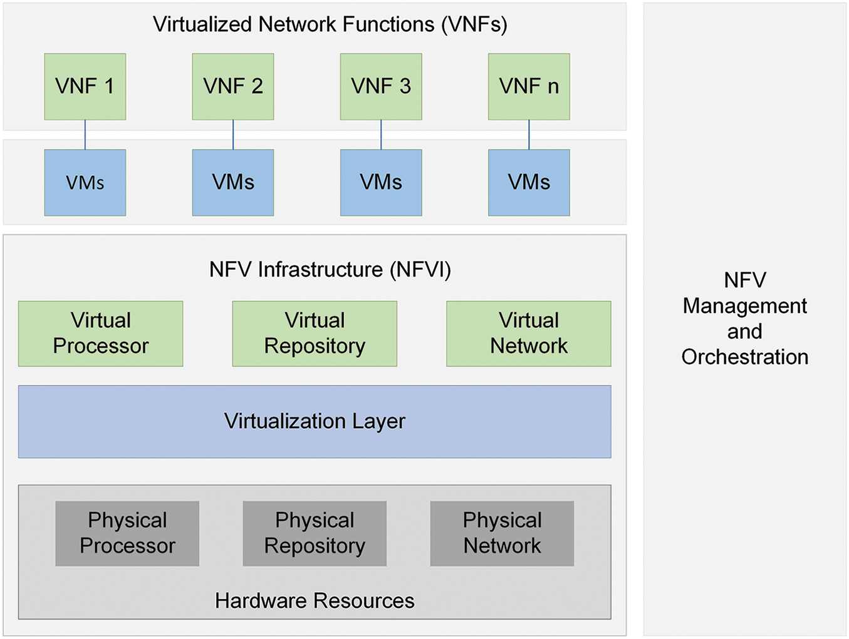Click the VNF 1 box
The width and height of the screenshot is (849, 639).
85,86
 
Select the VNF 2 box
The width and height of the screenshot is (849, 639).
233,86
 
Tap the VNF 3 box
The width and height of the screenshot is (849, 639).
381,86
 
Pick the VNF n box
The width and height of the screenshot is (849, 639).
529,86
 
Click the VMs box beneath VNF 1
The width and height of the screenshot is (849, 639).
85,183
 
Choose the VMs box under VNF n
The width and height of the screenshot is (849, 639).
529,183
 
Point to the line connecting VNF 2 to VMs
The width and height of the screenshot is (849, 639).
233,135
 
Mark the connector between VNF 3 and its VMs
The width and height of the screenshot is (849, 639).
381,135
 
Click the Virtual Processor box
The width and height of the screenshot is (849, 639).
101,334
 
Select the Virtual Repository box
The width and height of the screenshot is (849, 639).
315,334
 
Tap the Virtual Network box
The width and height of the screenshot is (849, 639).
528,334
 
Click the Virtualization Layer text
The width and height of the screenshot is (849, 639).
315,421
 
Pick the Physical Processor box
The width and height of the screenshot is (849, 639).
127,533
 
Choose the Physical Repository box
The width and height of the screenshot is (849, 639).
315,533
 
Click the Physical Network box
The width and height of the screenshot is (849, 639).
502,533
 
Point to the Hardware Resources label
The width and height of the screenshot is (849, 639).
315,601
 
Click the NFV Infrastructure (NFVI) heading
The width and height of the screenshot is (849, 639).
330,270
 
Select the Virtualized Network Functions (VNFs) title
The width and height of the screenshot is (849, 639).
330,24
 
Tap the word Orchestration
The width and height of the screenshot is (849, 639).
745,357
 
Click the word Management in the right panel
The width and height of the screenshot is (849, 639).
745,305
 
